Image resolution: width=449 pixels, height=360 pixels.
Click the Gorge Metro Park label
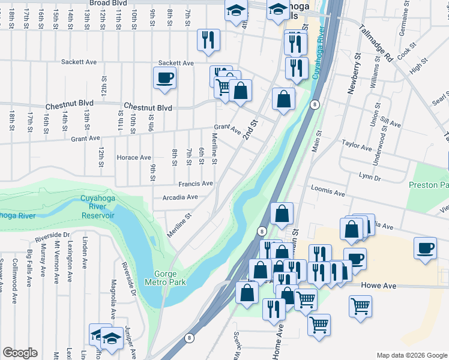165,277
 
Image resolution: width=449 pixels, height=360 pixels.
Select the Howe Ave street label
379,286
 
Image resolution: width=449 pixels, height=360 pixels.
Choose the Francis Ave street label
195,184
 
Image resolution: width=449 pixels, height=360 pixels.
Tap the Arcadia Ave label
179,197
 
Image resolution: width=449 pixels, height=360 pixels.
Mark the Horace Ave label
133,157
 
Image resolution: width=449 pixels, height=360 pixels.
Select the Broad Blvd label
107,4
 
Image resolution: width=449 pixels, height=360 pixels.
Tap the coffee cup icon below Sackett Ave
164,77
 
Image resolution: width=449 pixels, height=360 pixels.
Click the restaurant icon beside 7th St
209,40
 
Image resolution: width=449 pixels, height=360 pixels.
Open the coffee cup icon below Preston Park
426,248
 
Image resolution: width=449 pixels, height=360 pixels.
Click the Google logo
20,352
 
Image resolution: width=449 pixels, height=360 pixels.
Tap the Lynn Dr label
369,178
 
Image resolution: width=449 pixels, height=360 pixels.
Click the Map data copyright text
411,355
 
